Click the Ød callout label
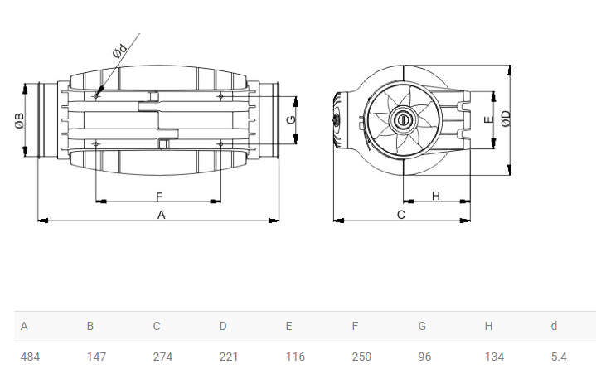[119, 51]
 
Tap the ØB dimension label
[20, 120]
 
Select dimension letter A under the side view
[161, 215]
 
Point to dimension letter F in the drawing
[159, 197]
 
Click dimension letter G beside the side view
[291, 119]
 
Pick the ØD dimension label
[506, 119]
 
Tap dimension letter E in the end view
[489, 119]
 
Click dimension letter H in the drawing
[435, 196]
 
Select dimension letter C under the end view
[401, 215]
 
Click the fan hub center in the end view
[402, 120]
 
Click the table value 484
[30, 357]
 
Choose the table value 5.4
[559, 357]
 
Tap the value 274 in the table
[162, 357]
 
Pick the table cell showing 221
[229, 357]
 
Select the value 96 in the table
[424, 357]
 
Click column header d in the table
[555, 326]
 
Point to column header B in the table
[90, 326]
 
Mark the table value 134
[495, 357]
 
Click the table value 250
[361, 357]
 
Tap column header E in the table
[288, 326]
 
